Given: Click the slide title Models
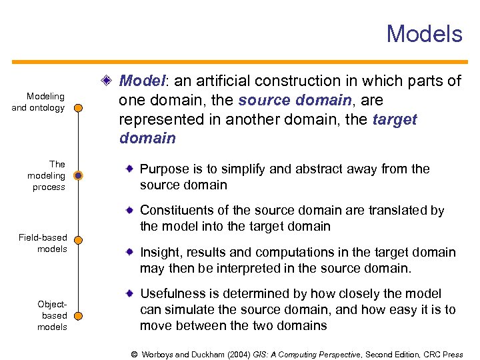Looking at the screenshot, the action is [424, 33].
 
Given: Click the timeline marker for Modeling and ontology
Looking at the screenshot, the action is [78, 107].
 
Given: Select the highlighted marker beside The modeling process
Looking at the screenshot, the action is [78, 176].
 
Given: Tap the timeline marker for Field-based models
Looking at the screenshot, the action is [78, 239].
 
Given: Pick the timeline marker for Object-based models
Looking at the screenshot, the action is [78, 307].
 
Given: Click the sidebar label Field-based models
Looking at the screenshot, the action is [43, 243].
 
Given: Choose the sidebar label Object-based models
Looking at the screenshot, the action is [52, 315].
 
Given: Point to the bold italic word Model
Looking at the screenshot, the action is [142, 81].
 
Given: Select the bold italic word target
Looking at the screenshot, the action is [395, 120].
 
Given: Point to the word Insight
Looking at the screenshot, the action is [159, 253].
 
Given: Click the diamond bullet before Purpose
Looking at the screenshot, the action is [131, 169].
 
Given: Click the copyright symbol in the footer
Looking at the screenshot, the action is [134, 355].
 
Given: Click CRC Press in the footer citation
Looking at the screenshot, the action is [443, 355].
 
